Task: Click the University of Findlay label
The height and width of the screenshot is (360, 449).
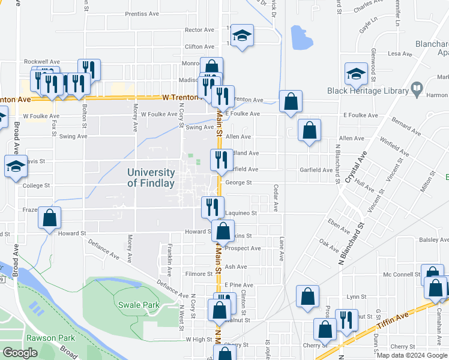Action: point(151,178)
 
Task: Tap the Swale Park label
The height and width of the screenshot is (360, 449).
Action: point(139,305)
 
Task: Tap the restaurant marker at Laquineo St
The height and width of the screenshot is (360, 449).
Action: point(212,207)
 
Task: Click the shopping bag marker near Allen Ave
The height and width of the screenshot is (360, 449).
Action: point(309,130)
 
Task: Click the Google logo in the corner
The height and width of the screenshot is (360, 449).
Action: point(20,353)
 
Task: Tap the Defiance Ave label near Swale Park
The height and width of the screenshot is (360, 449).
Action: point(172,289)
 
